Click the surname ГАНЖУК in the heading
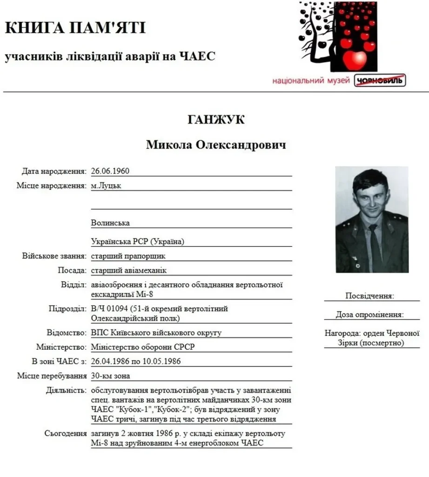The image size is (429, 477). (216, 120)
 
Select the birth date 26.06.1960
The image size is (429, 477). (110, 171)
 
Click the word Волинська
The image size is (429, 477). (110, 223)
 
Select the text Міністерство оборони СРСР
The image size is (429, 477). (143, 347)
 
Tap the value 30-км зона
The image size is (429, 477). (111, 376)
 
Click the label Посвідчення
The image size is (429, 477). (369, 296)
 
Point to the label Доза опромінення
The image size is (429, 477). (370, 315)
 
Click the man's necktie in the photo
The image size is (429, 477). (373, 247)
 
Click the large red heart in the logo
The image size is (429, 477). (355, 59)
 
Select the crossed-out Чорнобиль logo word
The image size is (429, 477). (380, 81)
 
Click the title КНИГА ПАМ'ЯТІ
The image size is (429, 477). (75, 28)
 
